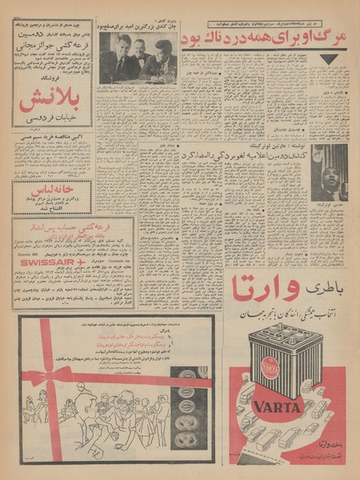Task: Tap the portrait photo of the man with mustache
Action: tap(329, 172)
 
